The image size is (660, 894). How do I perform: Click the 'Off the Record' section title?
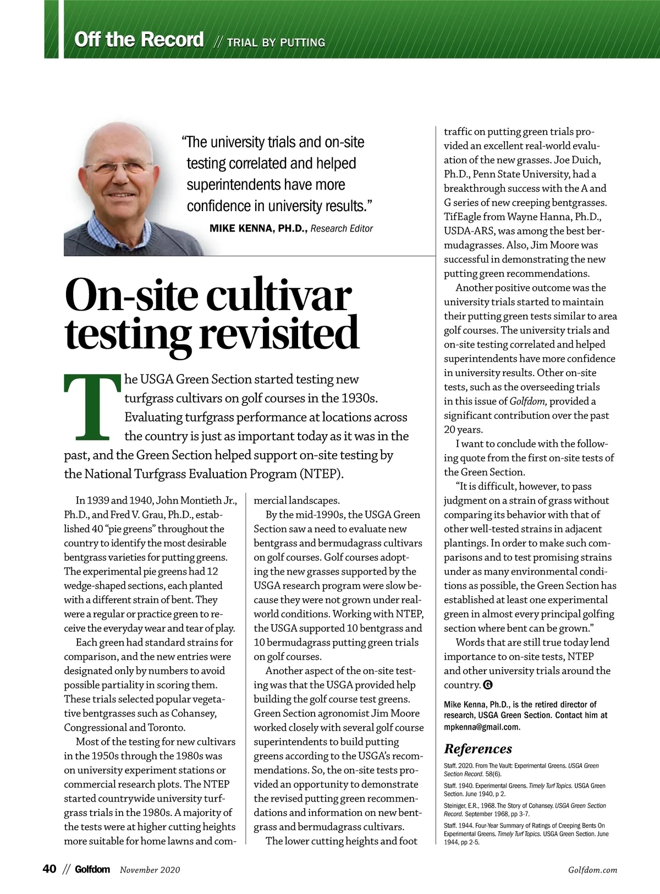tap(139, 40)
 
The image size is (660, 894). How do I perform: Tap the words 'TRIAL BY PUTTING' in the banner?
tap(276, 42)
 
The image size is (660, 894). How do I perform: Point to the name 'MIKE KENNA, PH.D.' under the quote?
tap(258, 228)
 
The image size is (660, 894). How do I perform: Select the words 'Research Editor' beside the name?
tap(342, 228)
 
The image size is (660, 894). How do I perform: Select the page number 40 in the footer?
tap(50, 869)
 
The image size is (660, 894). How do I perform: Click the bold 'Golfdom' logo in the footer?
tap(92, 869)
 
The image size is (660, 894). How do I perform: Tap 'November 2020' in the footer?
tap(150, 870)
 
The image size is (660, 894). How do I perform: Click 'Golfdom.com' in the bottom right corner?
tap(592, 870)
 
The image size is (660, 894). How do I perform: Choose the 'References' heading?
tap(477, 749)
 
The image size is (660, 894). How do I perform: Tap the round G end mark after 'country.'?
tap(487, 685)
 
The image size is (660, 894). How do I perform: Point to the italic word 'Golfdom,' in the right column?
tap(528, 401)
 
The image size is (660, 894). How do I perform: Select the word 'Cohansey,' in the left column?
tap(195, 714)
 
